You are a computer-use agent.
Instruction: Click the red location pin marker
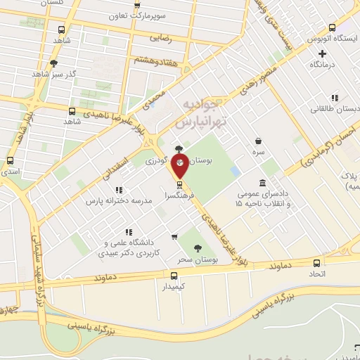tap(180, 166)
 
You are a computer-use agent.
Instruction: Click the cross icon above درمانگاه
tap(323, 53)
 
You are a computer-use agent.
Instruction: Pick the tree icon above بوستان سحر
tap(196, 247)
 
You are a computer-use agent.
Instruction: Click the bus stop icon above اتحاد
tap(316, 262)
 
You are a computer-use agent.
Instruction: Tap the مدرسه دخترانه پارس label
tap(119, 201)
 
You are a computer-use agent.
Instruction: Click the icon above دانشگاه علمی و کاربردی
tap(129, 231)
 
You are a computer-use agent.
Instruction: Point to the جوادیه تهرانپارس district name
tap(204, 113)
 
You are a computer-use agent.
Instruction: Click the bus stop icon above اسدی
tap(11, 160)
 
